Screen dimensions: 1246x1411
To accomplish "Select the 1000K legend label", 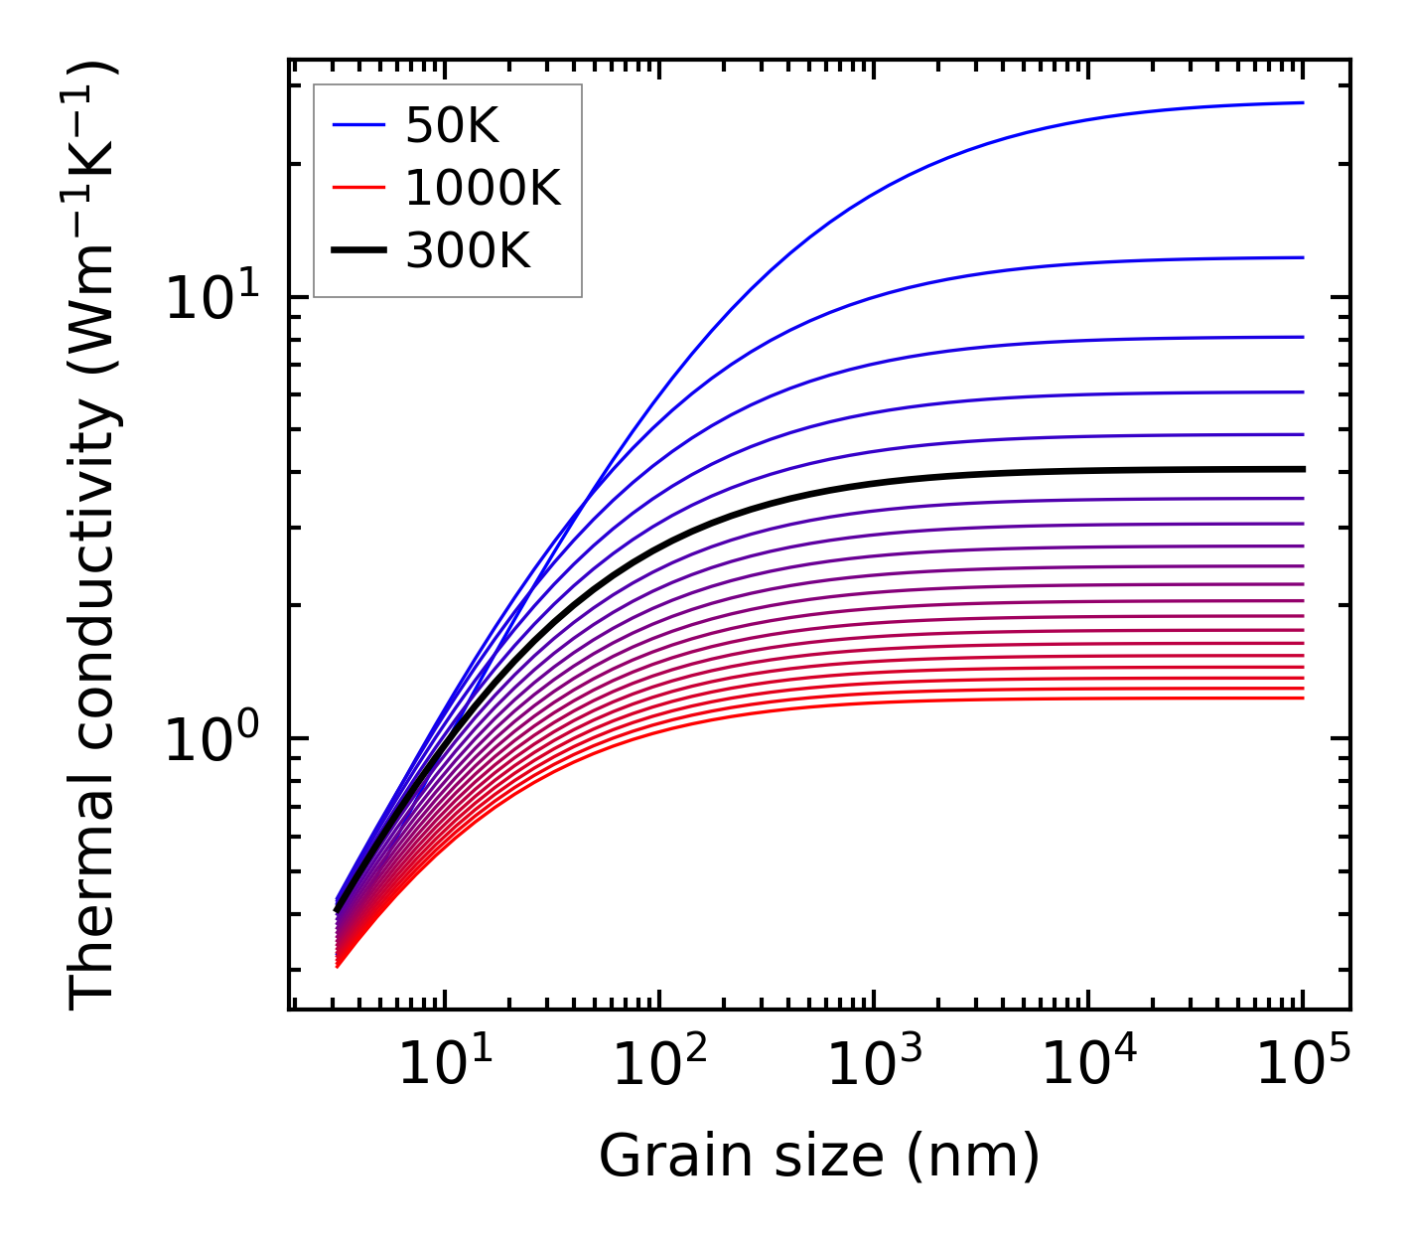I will [483, 188].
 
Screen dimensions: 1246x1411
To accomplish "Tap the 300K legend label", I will [468, 251].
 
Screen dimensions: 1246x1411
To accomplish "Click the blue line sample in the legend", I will [357, 125].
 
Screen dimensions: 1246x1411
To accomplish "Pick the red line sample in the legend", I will [357, 188].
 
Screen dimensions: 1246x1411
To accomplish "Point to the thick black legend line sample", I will [357, 251].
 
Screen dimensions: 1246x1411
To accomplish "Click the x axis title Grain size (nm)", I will [819, 1156].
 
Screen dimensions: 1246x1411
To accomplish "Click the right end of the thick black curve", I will [1302, 469].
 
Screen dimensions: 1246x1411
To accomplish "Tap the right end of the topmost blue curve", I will [1302, 102].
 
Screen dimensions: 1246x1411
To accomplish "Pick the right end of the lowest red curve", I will [1302, 698].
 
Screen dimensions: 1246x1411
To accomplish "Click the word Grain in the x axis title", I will [659, 1156].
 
